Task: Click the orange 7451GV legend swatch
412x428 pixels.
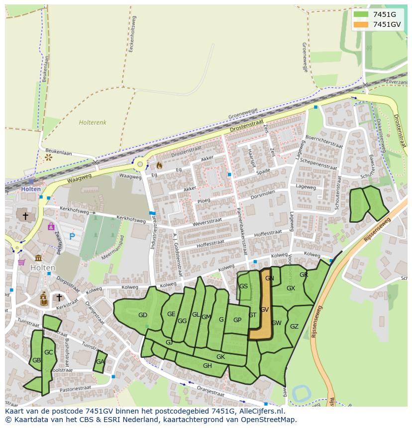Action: [x=361, y=24]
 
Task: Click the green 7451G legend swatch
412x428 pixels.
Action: [x=361, y=14]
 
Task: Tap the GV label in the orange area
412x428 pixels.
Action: [x=264, y=310]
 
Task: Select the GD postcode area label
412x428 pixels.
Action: [x=143, y=315]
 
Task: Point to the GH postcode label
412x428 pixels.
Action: [x=207, y=366]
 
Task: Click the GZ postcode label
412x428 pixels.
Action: [x=294, y=327]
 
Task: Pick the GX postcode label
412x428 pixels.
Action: [x=291, y=288]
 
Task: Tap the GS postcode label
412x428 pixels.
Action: [x=243, y=286]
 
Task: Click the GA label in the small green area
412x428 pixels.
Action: [x=100, y=362]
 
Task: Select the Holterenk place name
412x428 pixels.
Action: [x=93, y=122]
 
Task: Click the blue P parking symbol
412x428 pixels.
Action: [x=72, y=237]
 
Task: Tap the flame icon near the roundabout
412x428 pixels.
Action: [x=159, y=165]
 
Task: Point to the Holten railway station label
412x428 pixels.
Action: [x=31, y=189]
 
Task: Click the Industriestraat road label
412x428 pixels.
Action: [x=155, y=234]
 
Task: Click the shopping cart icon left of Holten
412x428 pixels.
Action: [x=21, y=262]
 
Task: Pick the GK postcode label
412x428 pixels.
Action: [x=220, y=357]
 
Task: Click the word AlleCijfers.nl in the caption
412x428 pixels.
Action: [x=260, y=411]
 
